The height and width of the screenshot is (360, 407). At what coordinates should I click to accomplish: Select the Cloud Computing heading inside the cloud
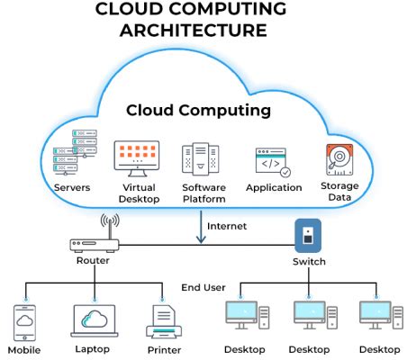pos(198,111)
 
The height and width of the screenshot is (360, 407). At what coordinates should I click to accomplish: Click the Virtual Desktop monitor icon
pos(136,158)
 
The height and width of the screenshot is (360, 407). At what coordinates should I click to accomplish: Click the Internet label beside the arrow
pos(227,225)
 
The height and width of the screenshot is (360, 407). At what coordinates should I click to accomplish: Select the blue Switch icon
pos(308,236)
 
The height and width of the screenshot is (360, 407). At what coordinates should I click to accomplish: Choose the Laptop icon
pos(94,319)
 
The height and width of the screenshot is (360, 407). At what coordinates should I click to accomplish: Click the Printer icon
pos(163,319)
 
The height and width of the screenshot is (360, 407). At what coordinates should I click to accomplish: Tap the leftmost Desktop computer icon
pos(244,315)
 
